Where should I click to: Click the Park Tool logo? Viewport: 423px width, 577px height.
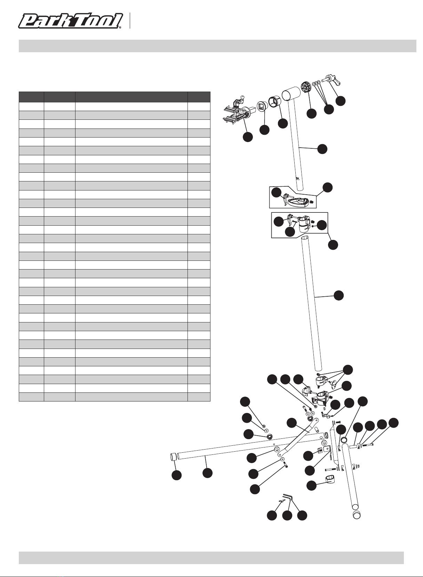[71, 21]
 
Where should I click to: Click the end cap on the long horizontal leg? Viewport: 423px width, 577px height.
[173, 457]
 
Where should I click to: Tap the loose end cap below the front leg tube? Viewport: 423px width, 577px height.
[356, 515]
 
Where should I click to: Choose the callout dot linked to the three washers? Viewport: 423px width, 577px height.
[328, 109]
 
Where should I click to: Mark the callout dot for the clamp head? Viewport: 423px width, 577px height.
[248, 137]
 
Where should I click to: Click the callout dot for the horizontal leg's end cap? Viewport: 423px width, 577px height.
[177, 475]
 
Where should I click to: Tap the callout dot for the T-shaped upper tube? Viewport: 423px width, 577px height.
[322, 149]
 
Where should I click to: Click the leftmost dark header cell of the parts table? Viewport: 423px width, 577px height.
[31, 97]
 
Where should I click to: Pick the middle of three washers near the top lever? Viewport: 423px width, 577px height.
[316, 83]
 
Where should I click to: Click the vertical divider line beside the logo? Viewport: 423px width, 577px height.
[130, 21]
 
